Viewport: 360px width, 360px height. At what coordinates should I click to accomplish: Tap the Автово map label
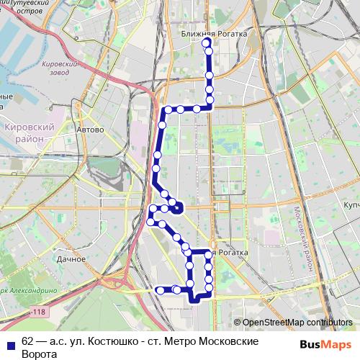[91, 130]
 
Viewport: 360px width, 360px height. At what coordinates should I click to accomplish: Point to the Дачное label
[71, 258]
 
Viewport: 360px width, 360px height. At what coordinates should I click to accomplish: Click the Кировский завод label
[59, 68]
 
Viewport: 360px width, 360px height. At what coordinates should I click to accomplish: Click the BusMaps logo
[325, 344]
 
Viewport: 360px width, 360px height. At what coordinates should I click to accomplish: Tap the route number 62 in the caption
[28, 339]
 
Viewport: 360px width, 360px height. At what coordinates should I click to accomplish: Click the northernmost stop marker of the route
[207, 42]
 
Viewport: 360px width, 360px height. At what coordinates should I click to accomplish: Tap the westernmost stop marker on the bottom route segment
[160, 290]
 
